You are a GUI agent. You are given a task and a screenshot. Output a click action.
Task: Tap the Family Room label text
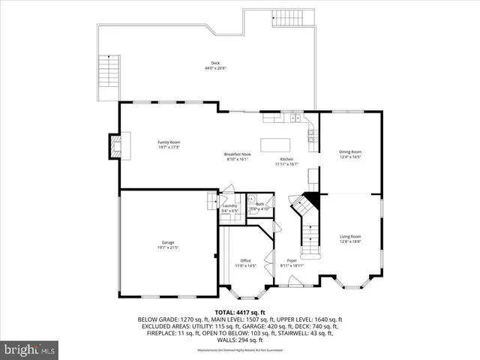click(168, 142)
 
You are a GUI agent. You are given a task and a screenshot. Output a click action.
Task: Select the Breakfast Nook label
click(237, 154)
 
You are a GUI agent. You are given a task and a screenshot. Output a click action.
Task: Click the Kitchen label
click(287, 159)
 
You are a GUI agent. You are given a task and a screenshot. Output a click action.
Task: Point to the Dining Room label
click(350, 152)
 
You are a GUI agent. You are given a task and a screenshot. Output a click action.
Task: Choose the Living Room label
click(350, 236)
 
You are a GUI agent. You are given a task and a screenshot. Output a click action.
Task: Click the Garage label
click(168, 242)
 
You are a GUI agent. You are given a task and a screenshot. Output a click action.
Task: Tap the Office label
click(246, 260)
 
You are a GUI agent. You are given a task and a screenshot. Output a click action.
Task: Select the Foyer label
click(292, 260)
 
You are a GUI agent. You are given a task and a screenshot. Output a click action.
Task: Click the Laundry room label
click(229, 205)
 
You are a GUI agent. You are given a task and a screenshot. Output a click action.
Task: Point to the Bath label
click(259, 204)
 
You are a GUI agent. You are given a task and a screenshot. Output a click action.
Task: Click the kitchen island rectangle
click(274, 144)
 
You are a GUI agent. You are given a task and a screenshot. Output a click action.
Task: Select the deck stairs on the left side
click(109, 77)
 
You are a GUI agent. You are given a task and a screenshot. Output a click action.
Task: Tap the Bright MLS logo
click(30, 349)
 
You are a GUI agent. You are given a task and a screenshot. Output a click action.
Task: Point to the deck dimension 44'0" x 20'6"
click(215, 68)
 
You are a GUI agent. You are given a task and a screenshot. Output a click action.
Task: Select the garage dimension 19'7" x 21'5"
click(168, 247)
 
